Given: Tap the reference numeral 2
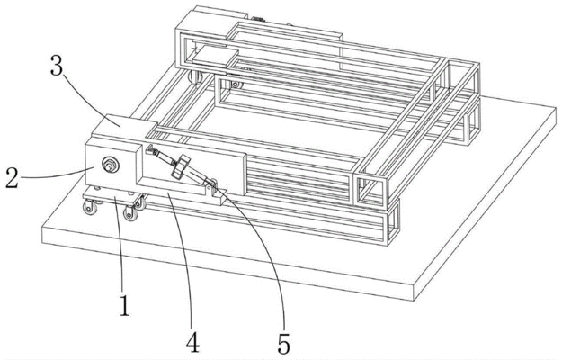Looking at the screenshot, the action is click(12, 178).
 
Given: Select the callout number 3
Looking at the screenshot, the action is click(57, 66).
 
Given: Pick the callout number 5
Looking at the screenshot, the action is click(283, 343).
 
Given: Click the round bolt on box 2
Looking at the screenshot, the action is click(110, 165).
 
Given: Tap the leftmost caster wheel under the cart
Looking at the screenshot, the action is click(90, 208).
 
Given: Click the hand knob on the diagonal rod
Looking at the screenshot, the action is click(180, 166).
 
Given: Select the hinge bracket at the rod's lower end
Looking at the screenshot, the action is click(210, 187).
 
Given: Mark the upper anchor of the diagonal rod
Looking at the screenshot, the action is click(150, 149).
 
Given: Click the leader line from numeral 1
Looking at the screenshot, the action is click(120, 243).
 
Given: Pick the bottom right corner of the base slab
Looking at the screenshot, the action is click(415, 301).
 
